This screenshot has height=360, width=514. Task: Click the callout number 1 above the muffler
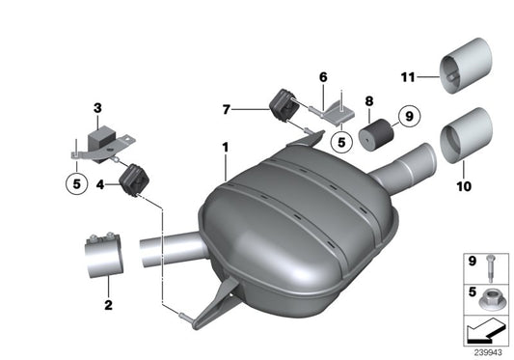[x=224, y=147]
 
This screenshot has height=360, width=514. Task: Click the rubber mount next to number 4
[x=132, y=180]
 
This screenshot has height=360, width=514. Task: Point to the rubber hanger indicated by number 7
[x=282, y=103]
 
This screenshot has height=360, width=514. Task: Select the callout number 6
[x=323, y=76]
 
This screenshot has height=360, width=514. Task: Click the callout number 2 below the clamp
[x=108, y=306]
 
